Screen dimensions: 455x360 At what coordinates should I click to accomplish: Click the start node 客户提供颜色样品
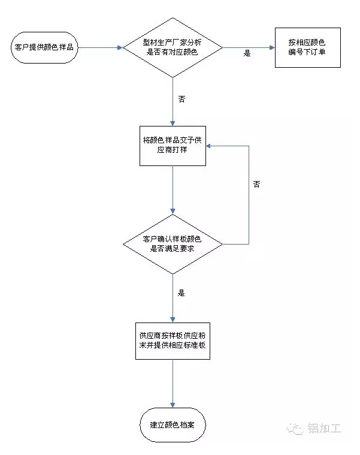44,47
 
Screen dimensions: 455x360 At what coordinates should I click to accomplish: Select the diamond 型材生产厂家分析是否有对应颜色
173,47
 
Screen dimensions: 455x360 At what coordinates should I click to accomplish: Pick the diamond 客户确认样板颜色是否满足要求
173,244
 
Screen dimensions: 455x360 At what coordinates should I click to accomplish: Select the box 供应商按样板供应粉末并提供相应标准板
173,341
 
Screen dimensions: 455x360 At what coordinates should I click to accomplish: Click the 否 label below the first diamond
181,99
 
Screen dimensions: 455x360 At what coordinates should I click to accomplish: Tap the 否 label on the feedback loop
256,185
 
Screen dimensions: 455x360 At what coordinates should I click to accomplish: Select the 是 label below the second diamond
181,293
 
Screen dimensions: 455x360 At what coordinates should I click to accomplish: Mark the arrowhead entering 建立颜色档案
173,406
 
